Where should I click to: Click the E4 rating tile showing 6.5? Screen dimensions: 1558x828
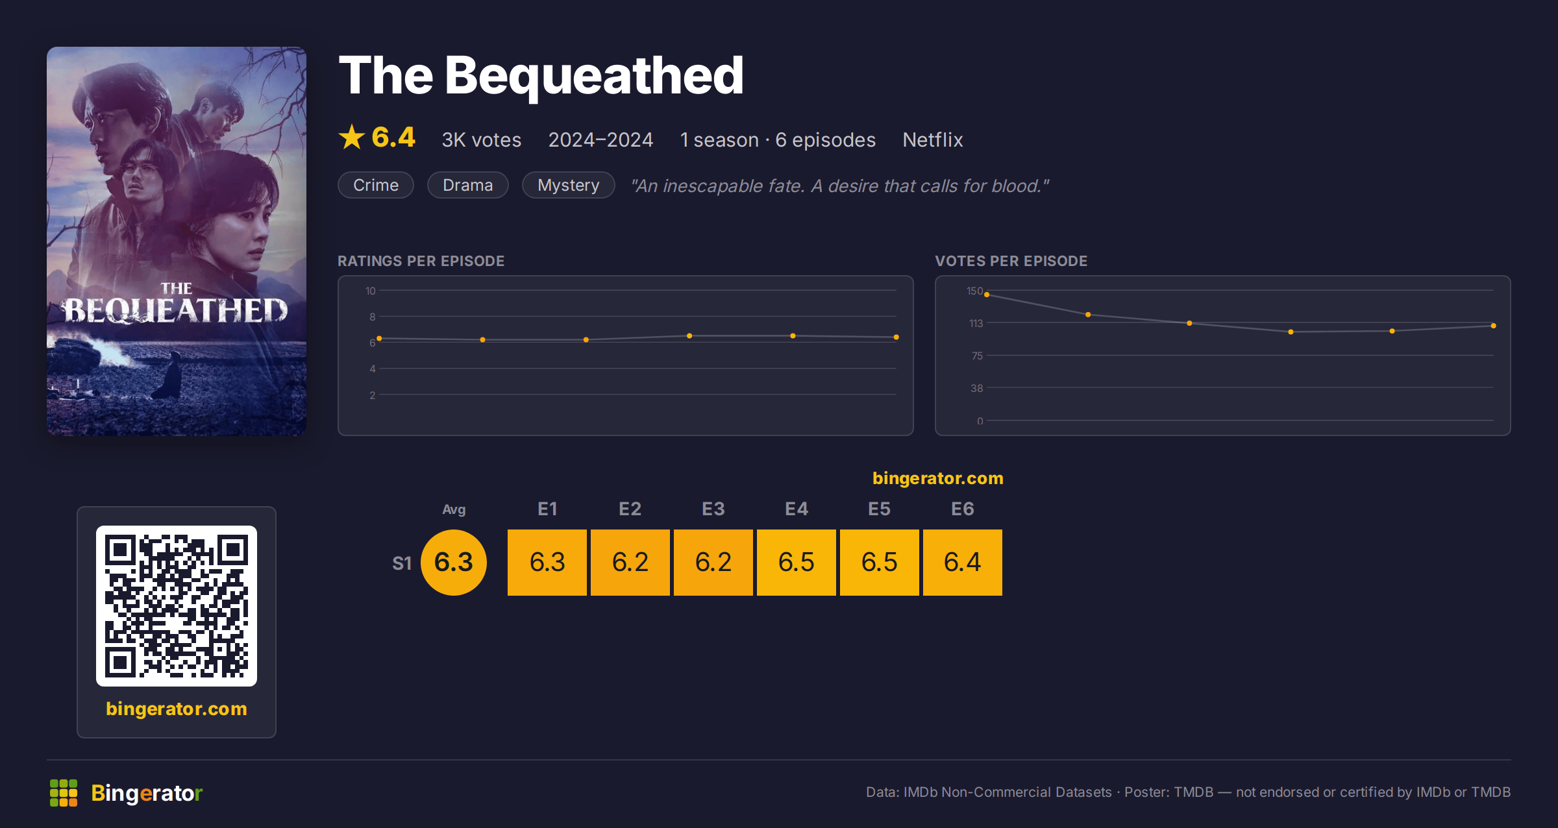[x=797, y=562]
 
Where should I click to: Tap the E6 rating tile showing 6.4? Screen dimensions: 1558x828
[x=963, y=562]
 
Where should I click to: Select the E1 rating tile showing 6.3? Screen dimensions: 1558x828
[x=547, y=562]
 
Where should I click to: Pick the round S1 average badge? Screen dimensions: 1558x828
[x=454, y=562]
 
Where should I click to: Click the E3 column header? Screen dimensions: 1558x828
[x=713, y=509]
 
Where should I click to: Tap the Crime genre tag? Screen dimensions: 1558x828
[x=376, y=185]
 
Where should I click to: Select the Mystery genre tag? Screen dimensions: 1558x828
[x=569, y=185]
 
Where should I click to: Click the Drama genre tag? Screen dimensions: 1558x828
[x=468, y=185]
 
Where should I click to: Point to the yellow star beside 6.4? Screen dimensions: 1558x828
[x=352, y=137]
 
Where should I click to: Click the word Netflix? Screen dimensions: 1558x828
[x=933, y=140]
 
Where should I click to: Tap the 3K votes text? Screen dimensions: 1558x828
[x=482, y=140]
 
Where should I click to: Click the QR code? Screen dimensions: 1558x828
[x=177, y=606]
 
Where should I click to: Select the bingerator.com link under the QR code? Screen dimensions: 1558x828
[x=177, y=709]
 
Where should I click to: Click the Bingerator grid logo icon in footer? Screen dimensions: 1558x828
[x=64, y=793]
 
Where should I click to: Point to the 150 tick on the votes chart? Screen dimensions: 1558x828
[x=974, y=291]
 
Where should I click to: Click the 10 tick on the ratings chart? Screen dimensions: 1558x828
[x=371, y=291]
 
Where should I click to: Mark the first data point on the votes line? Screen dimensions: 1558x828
[x=987, y=295]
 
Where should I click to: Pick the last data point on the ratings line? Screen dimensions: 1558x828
[x=896, y=337]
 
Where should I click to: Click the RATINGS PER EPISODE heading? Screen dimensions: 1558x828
[x=421, y=261]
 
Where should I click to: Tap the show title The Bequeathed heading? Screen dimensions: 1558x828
[x=541, y=75]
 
